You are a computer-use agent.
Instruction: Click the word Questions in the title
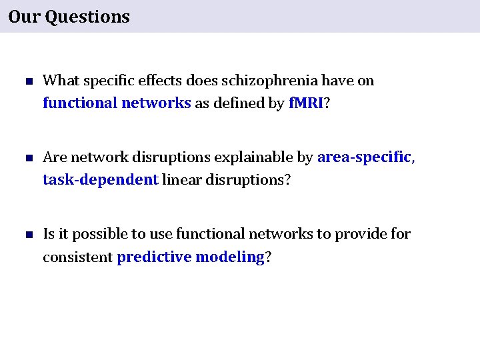tap(87, 17)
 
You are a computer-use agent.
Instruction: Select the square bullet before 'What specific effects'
tap(28, 82)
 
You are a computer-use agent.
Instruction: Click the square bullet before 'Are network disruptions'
tap(28, 159)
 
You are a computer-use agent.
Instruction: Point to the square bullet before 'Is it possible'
tap(28, 235)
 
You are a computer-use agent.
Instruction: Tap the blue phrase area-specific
tap(364, 157)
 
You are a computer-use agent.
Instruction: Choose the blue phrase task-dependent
tap(101, 180)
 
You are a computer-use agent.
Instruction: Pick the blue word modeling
tap(230, 257)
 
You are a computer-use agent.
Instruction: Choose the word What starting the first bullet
tap(59, 81)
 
